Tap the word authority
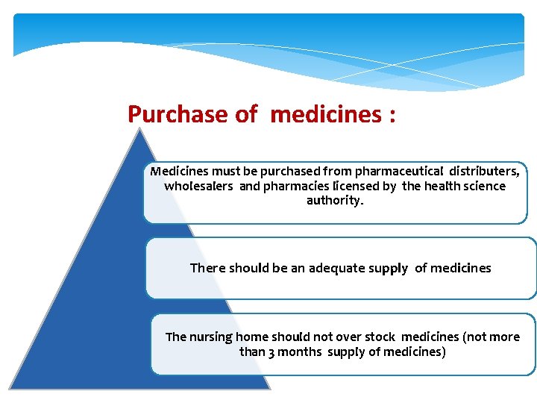[335, 201]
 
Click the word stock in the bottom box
[380, 337]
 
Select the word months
[301, 352]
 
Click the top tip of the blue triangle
[139, 129]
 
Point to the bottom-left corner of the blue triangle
[10, 387]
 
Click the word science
[484, 186]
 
